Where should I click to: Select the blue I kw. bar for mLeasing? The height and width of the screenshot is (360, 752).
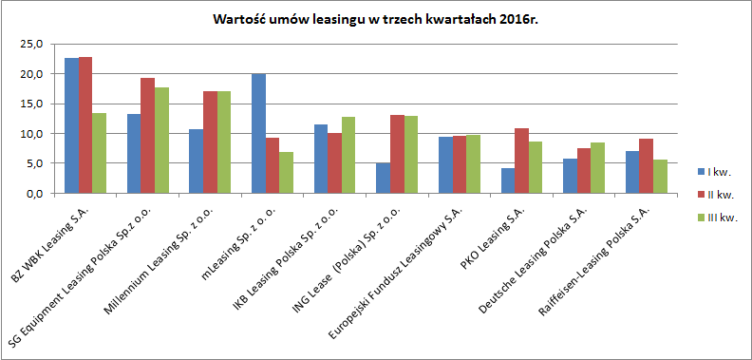(258, 134)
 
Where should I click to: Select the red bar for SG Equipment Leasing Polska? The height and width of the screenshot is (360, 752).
(148, 136)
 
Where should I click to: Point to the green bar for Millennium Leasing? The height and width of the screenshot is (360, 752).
(225, 142)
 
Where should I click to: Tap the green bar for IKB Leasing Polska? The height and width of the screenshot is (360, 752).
(349, 155)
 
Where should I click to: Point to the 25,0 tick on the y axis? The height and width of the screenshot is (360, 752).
(31, 44)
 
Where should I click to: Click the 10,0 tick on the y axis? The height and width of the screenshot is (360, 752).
(31, 134)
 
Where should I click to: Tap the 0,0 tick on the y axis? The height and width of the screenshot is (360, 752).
(34, 193)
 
